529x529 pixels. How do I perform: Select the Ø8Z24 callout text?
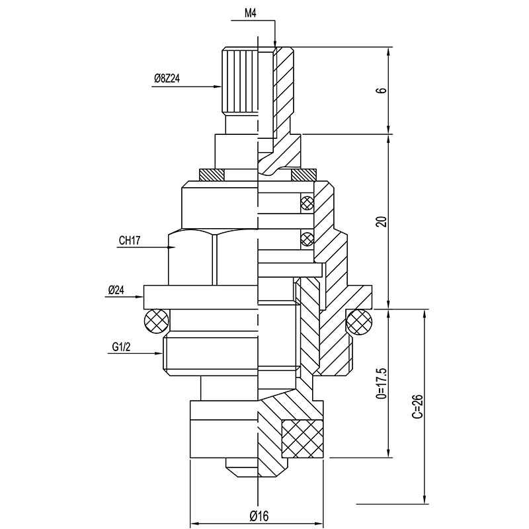click(x=167, y=79)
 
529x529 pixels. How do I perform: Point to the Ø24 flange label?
click(x=117, y=290)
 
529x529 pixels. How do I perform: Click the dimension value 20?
click(x=380, y=222)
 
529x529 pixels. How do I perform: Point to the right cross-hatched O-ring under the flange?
click(x=359, y=322)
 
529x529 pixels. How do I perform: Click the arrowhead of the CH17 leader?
click(x=171, y=248)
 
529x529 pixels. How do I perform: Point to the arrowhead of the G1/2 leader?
click(x=161, y=354)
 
